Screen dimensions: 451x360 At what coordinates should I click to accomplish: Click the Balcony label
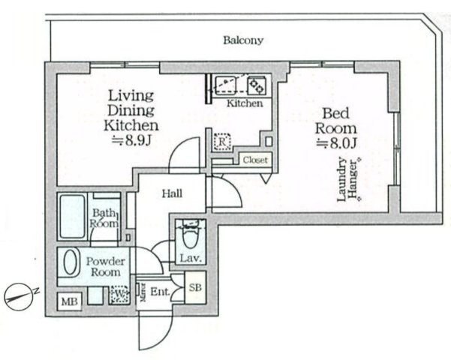tap(243, 40)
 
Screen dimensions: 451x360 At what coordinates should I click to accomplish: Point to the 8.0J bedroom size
tap(337, 143)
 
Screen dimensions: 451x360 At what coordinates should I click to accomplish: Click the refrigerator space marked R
tap(222, 142)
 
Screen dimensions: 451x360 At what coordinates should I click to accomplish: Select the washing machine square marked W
tap(119, 294)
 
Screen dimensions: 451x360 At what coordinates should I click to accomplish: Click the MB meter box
tap(70, 301)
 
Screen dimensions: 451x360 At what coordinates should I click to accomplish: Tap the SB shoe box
tap(195, 287)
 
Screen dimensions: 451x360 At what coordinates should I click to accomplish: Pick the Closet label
tap(255, 160)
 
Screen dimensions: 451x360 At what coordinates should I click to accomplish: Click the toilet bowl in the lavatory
tap(190, 236)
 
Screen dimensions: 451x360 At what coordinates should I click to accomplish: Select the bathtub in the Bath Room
tap(72, 216)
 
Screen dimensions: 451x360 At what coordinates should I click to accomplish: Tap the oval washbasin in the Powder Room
tap(71, 262)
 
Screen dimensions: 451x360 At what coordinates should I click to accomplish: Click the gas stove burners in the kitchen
tap(257, 85)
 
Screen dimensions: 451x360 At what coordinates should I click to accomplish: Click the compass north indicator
tap(18, 297)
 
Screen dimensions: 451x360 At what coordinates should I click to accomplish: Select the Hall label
tap(172, 193)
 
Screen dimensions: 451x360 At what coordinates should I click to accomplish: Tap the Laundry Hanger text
tap(349, 179)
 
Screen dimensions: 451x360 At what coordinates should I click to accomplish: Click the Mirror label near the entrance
tap(143, 292)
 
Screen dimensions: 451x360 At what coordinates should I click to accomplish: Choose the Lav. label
tap(190, 258)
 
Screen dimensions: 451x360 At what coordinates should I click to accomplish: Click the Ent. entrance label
tap(160, 292)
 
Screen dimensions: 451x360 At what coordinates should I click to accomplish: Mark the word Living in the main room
tap(131, 95)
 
